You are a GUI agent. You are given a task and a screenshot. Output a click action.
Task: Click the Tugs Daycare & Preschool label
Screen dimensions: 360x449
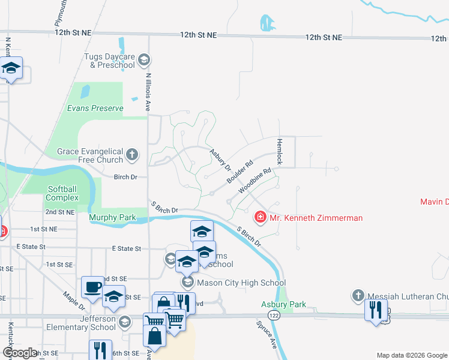pyautogui.click(x=109, y=61)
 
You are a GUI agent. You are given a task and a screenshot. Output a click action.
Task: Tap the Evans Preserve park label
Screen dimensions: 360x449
pyautogui.click(x=95, y=109)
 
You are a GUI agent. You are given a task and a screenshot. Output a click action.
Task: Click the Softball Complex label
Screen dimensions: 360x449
pyautogui.click(x=63, y=193)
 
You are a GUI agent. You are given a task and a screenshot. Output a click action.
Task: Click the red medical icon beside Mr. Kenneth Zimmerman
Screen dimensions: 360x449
pyautogui.click(x=260, y=217)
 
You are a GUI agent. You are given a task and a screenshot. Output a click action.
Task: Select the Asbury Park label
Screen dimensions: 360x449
pyautogui.click(x=284, y=305)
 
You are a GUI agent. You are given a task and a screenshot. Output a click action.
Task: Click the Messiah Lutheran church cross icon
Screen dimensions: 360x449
pyautogui.click(x=358, y=295)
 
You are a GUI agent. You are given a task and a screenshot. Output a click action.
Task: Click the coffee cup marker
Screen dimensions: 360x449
pyautogui.click(x=92, y=287)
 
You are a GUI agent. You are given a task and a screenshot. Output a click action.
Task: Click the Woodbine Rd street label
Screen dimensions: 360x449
pyautogui.click(x=256, y=180)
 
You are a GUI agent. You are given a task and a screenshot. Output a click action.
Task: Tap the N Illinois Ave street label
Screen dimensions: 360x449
pyautogui.click(x=147, y=90)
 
